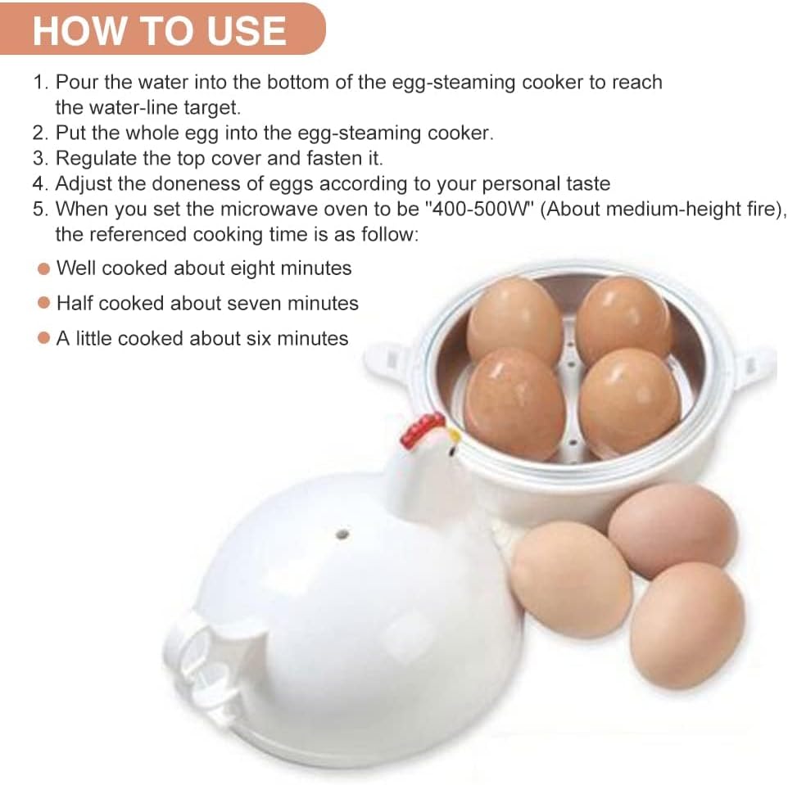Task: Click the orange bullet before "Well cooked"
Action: pos(44,268)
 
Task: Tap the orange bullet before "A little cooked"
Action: pos(44,339)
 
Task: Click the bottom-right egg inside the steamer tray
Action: pos(629,399)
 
